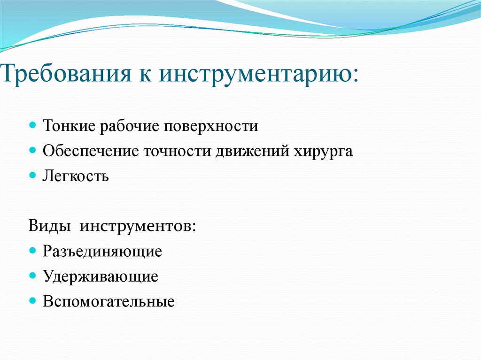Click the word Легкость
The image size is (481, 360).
point(76,177)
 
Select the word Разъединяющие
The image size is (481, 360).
point(102,252)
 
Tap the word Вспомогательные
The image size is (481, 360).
point(109,302)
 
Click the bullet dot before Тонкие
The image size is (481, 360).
point(32,126)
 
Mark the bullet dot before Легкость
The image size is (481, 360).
point(32,176)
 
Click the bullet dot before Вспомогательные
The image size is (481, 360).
point(32,301)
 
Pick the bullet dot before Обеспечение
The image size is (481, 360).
point(32,151)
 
